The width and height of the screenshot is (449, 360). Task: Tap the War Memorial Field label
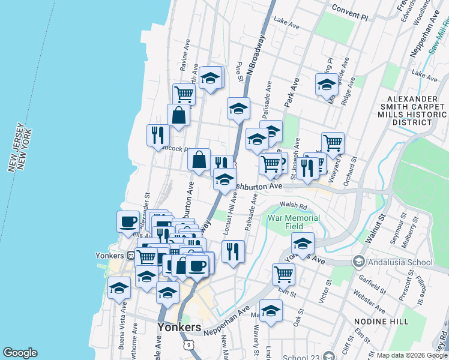(294, 222)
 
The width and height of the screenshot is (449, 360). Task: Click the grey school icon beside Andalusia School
(359, 262)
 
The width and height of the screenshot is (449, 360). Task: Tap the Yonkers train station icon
(131, 254)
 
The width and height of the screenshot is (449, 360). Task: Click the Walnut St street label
(376, 225)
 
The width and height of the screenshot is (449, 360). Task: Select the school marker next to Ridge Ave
(327, 85)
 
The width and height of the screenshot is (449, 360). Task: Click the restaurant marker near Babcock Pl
(155, 134)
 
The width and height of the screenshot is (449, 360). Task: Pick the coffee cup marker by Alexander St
(128, 221)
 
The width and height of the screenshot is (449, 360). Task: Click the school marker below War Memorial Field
(303, 244)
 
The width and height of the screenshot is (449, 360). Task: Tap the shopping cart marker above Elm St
(283, 274)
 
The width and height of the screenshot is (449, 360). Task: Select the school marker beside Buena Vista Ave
(119, 287)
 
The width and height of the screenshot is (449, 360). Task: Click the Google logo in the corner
(20, 352)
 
